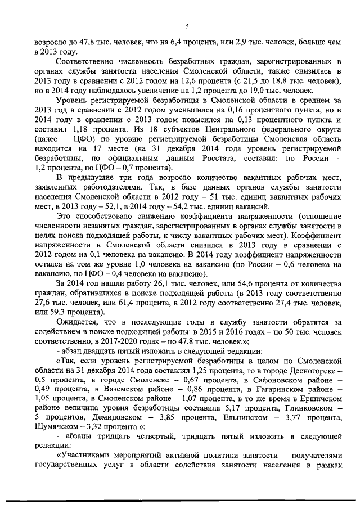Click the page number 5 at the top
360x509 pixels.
click(x=186, y=26)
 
